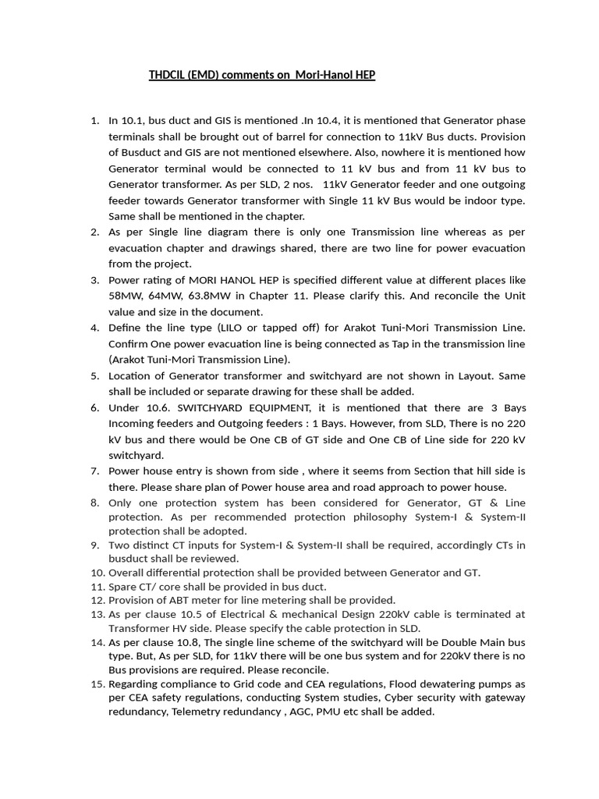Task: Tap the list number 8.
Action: [94, 502]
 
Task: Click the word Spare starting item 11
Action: [122, 587]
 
